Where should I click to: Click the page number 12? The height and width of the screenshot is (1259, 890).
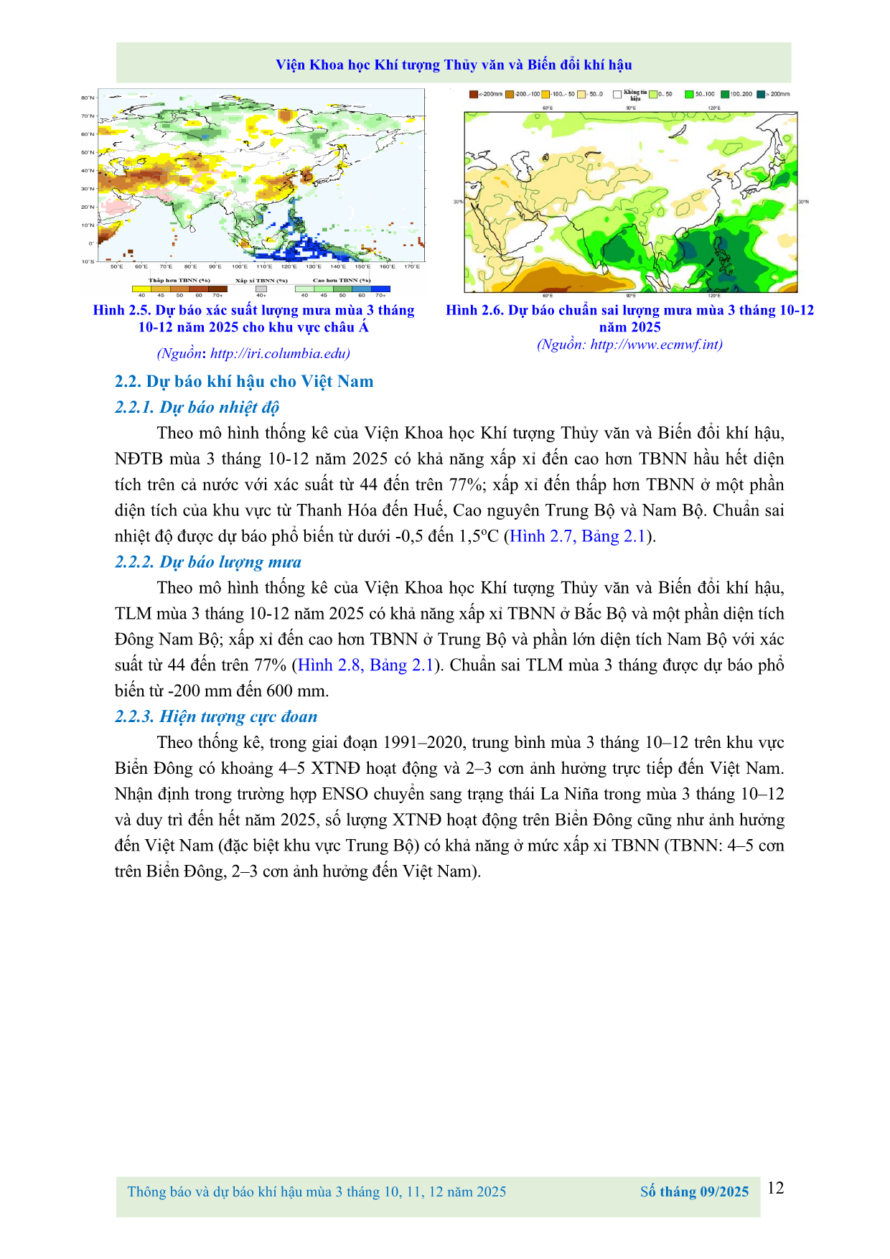click(775, 1188)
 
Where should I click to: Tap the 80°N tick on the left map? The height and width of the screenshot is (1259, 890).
click(88, 98)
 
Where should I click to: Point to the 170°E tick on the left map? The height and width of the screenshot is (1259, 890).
click(411, 267)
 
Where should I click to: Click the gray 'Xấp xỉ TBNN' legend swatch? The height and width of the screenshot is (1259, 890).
click(261, 289)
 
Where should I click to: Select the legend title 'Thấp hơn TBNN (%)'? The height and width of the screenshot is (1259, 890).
click(179, 281)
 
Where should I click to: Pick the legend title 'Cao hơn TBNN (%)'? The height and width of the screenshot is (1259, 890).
click(342, 281)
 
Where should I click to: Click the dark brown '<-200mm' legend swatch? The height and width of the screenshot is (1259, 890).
click(473, 94)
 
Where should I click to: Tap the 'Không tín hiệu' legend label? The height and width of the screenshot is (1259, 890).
click(634, 95)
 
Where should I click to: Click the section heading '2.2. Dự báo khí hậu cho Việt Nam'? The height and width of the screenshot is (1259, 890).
click(244, 381)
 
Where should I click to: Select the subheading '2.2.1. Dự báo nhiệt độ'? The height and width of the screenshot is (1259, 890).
click(197, 407)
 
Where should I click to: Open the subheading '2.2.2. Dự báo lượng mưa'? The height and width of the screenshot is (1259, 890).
click(208, 562)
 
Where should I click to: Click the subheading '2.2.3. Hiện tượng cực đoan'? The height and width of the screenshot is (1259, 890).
click(216, 716)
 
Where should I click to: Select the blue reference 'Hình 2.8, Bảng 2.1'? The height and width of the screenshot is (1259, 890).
click(366, 665)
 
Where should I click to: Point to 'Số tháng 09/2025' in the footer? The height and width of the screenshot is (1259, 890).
click(694, 1192)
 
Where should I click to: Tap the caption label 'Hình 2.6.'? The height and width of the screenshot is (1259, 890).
click(474, 310)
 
